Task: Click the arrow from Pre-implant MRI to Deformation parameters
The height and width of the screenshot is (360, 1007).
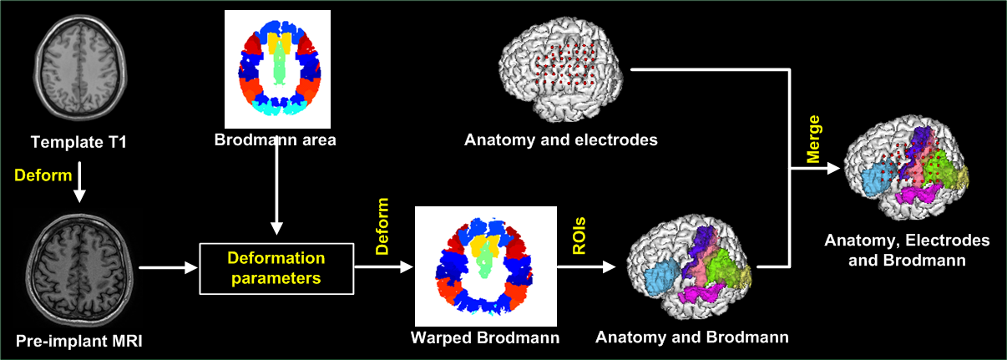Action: (168, 268)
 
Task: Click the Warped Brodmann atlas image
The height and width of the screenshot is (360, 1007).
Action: (486, 266)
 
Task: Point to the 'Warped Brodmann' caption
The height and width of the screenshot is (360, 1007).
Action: (486, 338)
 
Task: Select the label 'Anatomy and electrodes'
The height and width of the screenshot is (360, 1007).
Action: (561, 139)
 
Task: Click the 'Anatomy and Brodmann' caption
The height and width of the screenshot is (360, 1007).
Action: (692, 338)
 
